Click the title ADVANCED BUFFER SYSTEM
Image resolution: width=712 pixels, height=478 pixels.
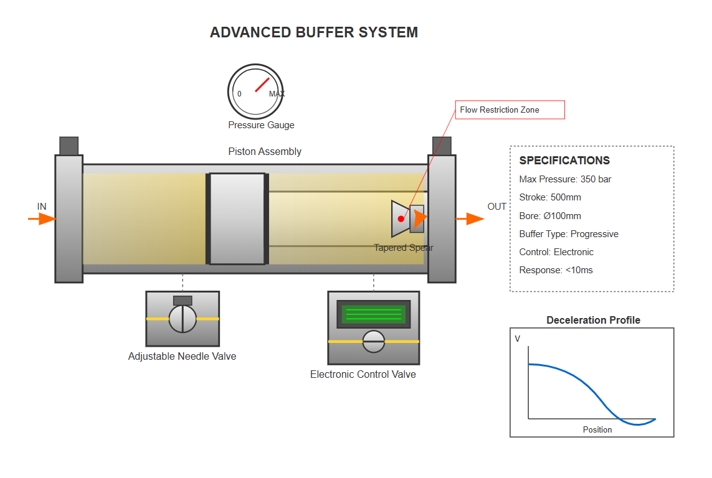[x=314, y=32]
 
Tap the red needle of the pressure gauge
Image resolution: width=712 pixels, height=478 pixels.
[x=262, y=85]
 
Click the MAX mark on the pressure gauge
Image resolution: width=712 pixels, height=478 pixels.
[x=277, y=94]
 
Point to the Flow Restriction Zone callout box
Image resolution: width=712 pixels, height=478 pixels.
[x=510, y=110]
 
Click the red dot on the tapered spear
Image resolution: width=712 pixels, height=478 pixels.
[x=401, y=218]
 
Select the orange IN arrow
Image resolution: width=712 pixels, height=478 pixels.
[x=42, y=219]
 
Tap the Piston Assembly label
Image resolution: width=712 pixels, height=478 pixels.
[x=265, y=152]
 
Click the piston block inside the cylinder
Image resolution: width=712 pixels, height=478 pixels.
[x=237, y=219]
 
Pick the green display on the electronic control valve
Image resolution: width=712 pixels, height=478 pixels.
[x=374, y=314]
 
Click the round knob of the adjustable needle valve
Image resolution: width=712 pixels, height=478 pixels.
[x=183, y=319]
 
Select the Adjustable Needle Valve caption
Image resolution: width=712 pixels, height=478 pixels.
[x=182, y=357]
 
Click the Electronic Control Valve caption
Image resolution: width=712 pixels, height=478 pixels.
[x=363, y=375]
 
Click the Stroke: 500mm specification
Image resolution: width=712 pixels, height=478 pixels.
[x=550, y=197]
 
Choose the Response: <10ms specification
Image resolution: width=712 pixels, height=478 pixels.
[x=555, y=270]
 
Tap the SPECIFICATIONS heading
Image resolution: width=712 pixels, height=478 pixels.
[x=564, y=161]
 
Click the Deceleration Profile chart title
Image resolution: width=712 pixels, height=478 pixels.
[x=593, y=321]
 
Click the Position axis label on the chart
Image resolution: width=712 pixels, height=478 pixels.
[x=597, y=429]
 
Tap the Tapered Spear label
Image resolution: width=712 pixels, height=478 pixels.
[x=404, y=248]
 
